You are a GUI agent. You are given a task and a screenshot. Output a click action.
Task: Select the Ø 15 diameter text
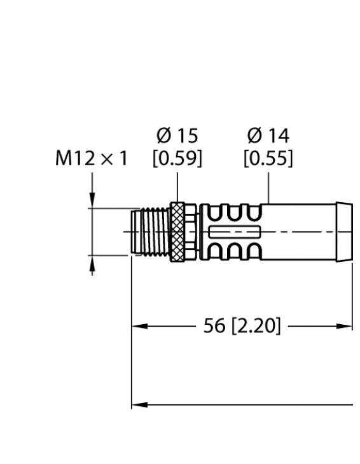(x=177, y=135)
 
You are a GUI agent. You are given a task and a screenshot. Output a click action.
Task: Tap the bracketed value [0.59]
(x=177, y=158)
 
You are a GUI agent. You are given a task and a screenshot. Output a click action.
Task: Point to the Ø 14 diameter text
(x=268, y=135)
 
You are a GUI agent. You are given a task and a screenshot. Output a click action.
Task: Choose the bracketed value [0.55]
(x=268, y=158)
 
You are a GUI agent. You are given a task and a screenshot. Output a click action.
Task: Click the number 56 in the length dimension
(x=214, y=327)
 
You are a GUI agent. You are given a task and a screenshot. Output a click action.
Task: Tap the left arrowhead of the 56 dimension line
(x=137, y=327)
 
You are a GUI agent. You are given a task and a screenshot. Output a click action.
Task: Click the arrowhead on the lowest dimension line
(x=137, y=404)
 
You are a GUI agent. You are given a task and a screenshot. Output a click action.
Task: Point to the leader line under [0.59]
(x=177, y=186)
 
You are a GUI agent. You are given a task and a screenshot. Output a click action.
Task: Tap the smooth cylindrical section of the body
(x=299, y=232)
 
